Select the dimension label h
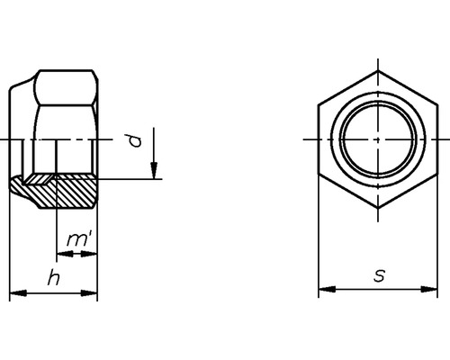[x=54, y=278]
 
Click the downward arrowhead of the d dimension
[x=155, y=172]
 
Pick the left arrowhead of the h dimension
[x=15, y=292]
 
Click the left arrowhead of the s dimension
[x=325, y=290]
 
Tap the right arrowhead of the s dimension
[x=432, y=290]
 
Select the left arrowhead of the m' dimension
[x=63, y=254]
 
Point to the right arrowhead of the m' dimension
[x=91, y=254]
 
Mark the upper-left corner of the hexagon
[x=319, y=105]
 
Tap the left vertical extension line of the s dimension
[x=319, y=243]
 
